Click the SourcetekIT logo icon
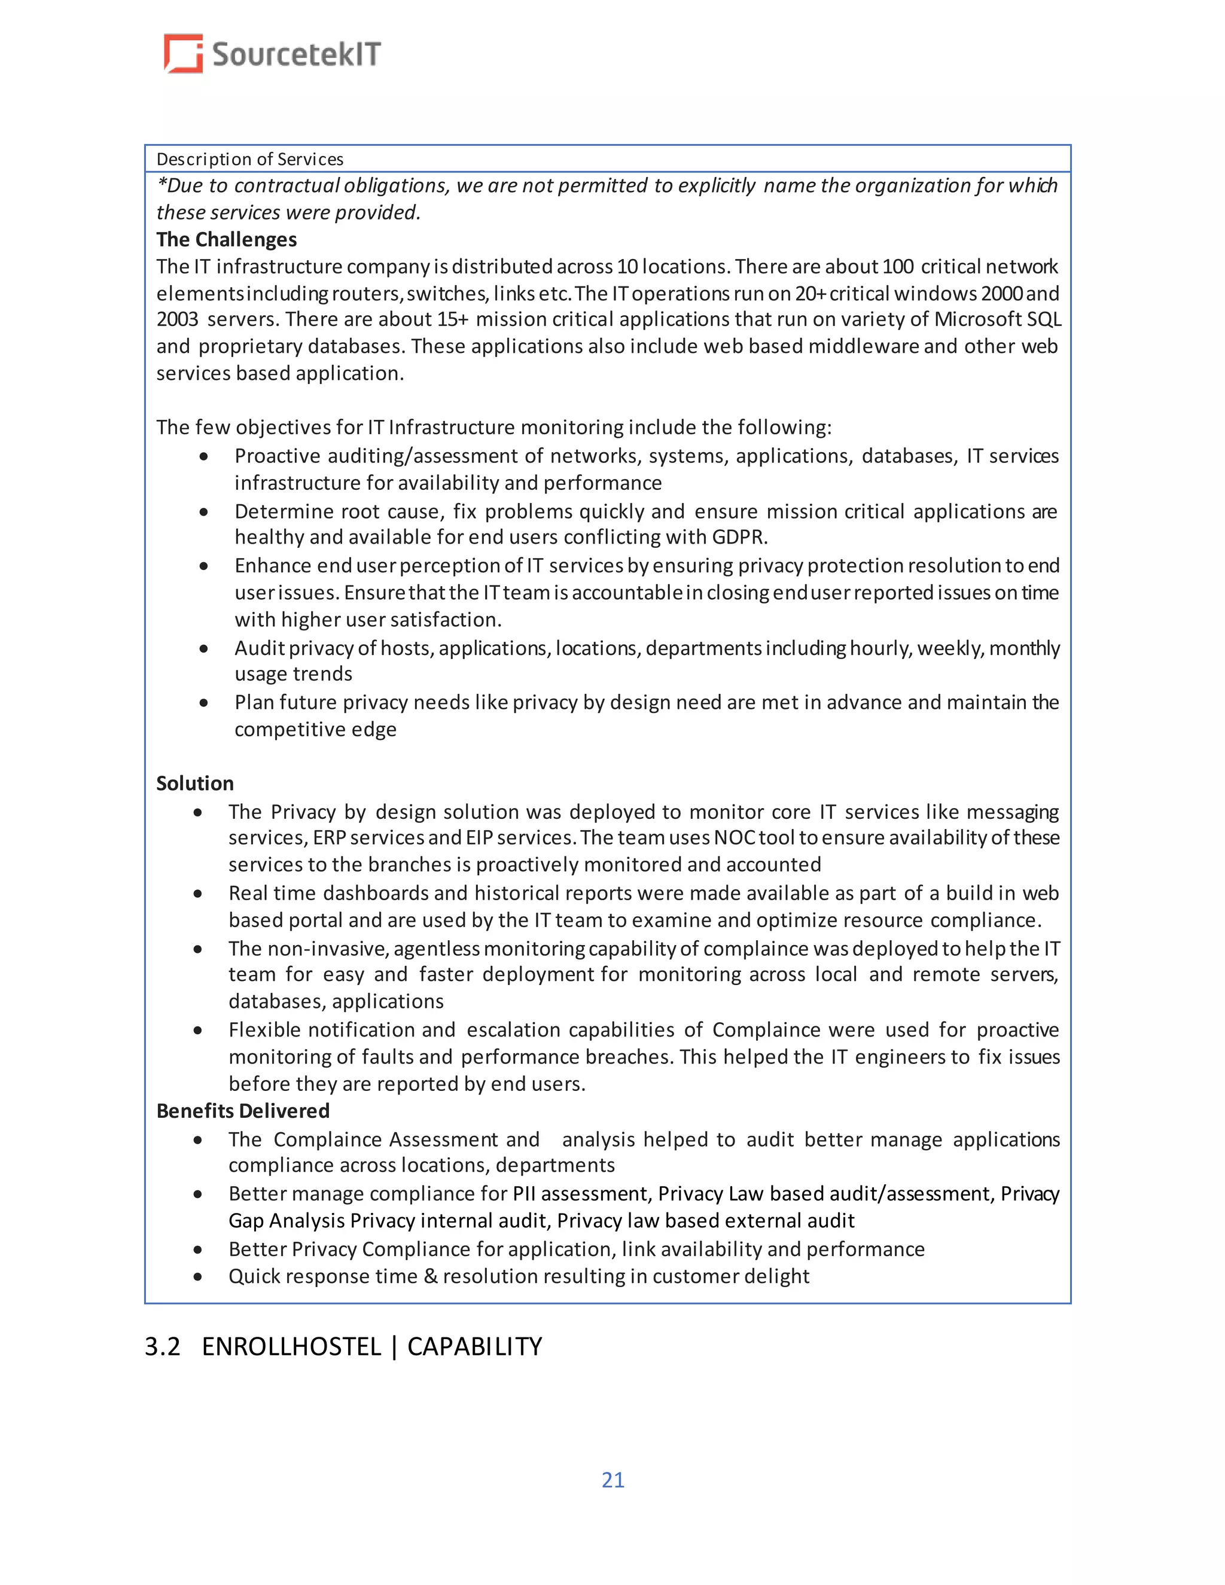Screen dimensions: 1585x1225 click(183, 54)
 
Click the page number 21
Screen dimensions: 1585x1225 click(612, 1480)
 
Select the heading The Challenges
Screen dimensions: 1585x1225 click(227, 239)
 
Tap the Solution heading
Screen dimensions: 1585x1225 click(194, 783)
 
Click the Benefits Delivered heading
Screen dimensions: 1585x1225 click(242, 1110)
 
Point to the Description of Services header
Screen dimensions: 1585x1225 click(249, 159)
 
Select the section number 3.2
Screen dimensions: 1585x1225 click(162, 1346)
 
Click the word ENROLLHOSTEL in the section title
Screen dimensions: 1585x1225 click(291, 1346)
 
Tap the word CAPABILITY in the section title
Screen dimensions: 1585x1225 click(474, 1346)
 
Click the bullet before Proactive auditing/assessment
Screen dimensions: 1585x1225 click(204, 456)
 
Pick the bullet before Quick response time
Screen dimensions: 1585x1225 click(197, 1276)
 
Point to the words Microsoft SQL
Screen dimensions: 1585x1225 click(997, 319)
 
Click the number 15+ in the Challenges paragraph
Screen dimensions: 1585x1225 click(452, 319)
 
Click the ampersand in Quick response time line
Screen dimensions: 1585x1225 click(430, 1276)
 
